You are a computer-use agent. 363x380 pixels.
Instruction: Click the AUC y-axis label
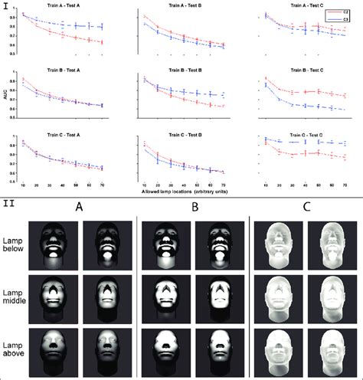point(5,102)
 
